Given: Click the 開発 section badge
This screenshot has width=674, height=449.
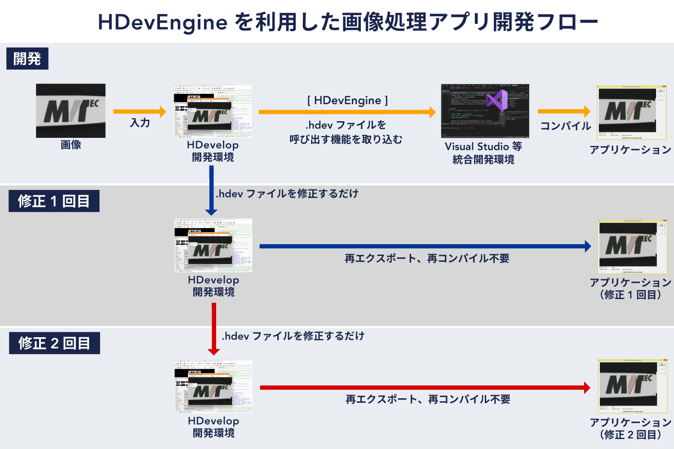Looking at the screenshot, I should click(x=27, y=59).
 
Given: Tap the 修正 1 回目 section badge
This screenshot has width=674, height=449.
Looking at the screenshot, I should click(x=54, y=201).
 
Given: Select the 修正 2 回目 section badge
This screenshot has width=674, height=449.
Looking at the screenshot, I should click(x=54, y=343).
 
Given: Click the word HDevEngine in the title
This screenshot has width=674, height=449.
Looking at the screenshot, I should click(x=163, y=22).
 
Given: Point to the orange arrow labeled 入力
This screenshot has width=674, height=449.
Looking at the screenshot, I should click(x=139, y=111).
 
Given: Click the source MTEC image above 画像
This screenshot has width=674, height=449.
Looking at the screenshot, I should click(x=71, y=110).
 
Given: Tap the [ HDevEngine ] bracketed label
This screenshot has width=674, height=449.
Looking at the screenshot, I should click(x=347, y=100).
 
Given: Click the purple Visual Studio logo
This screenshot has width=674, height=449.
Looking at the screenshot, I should click(x=497, y=100).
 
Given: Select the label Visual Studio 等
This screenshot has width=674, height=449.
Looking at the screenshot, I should click(x=483, y=146).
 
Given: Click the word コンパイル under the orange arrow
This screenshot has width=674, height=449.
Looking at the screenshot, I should click(x=565, y=126).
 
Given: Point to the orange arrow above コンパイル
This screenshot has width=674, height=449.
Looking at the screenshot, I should click(x=564, y=111).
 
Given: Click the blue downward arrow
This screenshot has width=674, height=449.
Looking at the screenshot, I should click(x=211, y=190).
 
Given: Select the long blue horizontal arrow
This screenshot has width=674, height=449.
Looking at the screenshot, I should click(x=425, y=246).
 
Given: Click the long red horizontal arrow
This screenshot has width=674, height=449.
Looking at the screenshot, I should click(x=425, y=387).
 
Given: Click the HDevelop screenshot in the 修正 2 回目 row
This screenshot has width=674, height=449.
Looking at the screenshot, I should click(x=213, y=386).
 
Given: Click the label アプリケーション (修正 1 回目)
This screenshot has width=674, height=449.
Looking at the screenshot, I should click(x=630, y=288).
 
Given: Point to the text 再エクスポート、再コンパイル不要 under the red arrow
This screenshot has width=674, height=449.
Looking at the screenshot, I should click(x=428, y=399).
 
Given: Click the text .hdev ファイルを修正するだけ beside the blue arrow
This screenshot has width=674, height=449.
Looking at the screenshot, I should click(x=287, y=194).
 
